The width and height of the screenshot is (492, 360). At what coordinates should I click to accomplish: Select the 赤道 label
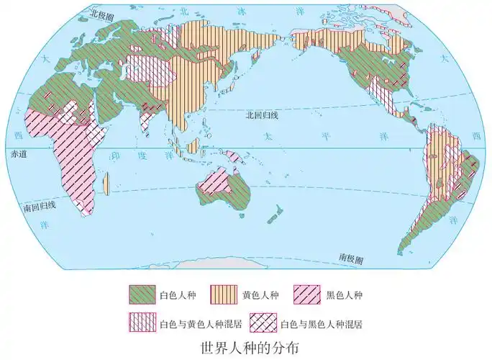[x=16, y=154]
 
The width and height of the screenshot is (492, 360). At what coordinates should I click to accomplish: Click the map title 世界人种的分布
[x=246, y=347]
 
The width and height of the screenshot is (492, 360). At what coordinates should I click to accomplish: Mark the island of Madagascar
[x=106, y=183]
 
